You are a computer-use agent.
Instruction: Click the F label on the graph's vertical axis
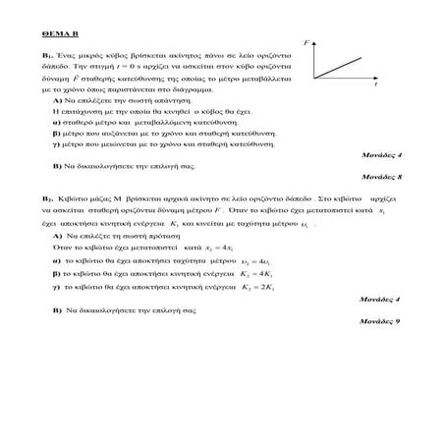coord(306,44)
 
